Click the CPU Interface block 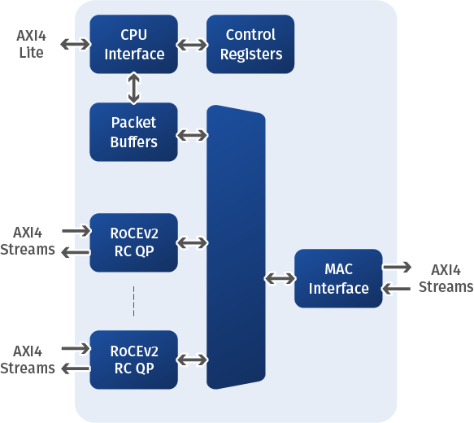point(133,44)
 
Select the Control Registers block point(250,44)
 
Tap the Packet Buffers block point(133,132)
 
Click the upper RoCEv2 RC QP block point(133,242)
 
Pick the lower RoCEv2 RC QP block point(133,360)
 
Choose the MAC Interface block point(338,278)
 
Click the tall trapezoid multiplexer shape point(236,247)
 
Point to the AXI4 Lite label point(31,44)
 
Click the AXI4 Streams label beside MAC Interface point(446,278)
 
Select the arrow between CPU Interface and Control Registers point(192,45)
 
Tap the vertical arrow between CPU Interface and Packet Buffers point(134,89)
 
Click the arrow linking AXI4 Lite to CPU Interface point(76,45)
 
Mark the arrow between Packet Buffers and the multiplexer point(192,135)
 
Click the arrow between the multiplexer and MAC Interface point(280,278)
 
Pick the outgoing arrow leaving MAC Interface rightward point(397,268)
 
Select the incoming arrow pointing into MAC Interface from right point(396,289)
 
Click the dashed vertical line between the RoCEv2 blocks point(133,301)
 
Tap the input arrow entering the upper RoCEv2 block point(76,231)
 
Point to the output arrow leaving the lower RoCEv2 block point(76,368)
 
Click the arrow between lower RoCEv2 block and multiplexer point(192,360)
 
